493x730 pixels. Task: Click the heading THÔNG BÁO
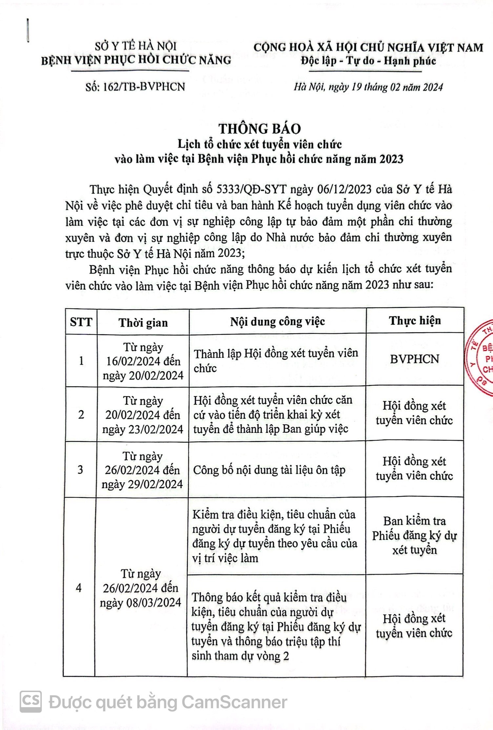tap(260, 129)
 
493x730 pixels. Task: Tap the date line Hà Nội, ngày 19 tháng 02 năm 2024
tap(368, 87)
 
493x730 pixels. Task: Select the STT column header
tap(81, 322)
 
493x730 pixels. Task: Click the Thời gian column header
tap(143, 323)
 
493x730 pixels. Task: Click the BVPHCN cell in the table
tap(414, 359)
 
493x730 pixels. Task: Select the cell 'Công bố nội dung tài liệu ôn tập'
tap(269, 470)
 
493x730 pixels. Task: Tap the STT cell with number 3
tap(80, 470)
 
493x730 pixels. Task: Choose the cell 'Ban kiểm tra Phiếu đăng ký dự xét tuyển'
tap(414, 535)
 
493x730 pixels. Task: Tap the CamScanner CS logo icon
tap(31, 701)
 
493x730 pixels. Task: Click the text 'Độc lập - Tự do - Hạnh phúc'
tap(369, 61)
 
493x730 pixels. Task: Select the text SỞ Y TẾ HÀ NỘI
tap(136, 46)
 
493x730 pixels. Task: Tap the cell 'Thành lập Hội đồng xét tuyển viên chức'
tap(276, 360)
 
